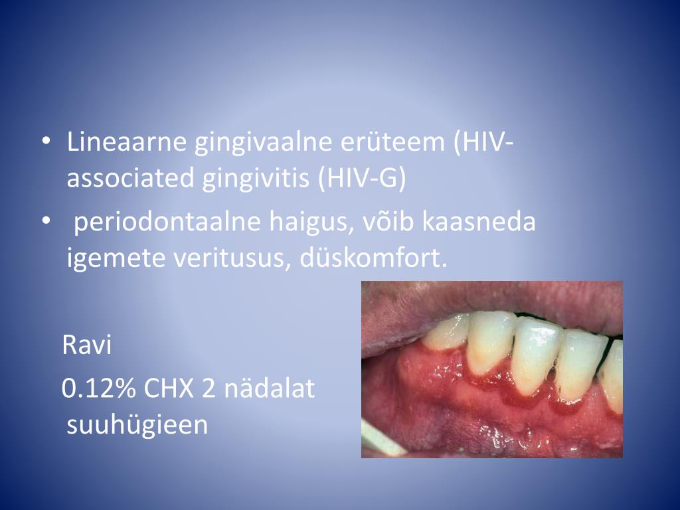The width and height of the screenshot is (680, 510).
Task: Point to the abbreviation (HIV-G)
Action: [x=361, y=179]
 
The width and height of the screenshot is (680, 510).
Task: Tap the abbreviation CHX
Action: [x=170, y=389]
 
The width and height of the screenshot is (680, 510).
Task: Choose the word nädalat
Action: [x=269, y=389]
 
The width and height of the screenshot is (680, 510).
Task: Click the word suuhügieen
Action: [x=137, y=425]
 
